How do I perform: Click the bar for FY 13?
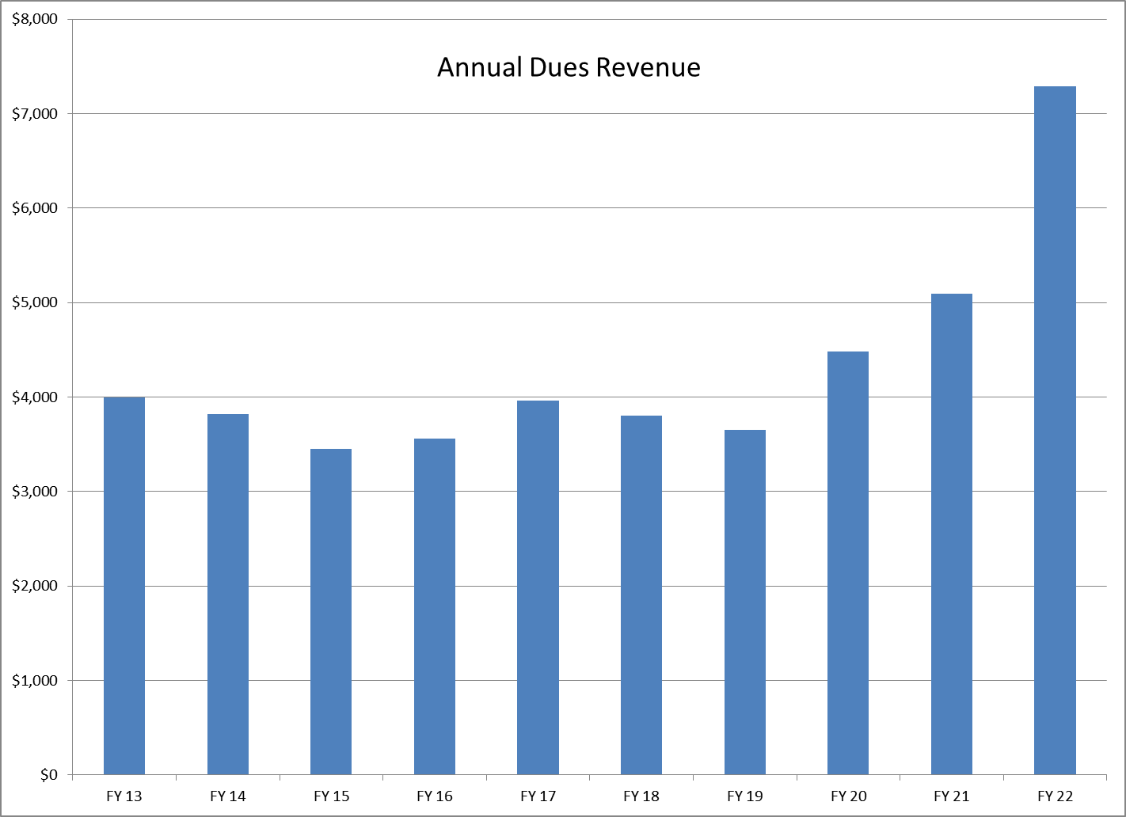click(x=124, y=586)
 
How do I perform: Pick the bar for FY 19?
click(x=744, y=602)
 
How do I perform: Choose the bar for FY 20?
click(x=848, y=563)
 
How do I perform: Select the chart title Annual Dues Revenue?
click(x=569, y=67)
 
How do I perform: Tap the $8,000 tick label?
click(x=35, y=19)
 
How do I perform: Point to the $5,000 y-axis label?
click(x=35, y=302)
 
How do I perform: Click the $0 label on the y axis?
click(x=48, y=774)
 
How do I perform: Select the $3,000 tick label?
click(x=35, y=491)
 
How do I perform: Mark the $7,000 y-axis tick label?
click(x=35, y=114)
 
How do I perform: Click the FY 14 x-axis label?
click(x=228, y=796)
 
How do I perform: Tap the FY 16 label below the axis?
click(x=435, y=796)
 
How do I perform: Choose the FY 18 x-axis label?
click(x=641, y=796)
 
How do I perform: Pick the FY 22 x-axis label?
click(x=1055, y=796)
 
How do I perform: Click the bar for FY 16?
click(x=435, y=606)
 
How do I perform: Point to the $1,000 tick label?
click(x=35, y=680)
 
